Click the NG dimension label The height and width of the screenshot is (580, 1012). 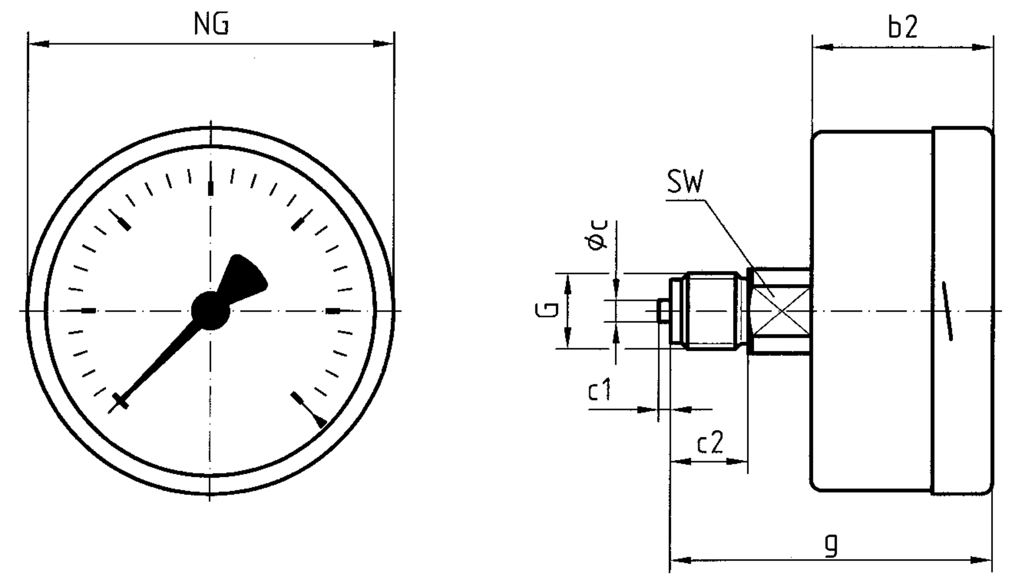(211, 24)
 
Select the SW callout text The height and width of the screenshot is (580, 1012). (685, 183)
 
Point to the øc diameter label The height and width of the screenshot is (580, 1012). (598, 235)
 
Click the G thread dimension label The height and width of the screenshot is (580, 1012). (547, 310)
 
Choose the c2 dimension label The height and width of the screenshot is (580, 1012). (710, 443)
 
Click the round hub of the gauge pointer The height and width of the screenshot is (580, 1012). (210, 310)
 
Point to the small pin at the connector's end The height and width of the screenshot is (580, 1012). (664, 311)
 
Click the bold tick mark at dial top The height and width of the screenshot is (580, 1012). (210, 188)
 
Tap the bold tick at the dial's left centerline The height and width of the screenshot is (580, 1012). (89, 310)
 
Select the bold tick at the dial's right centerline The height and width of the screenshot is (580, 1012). (333, 310)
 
